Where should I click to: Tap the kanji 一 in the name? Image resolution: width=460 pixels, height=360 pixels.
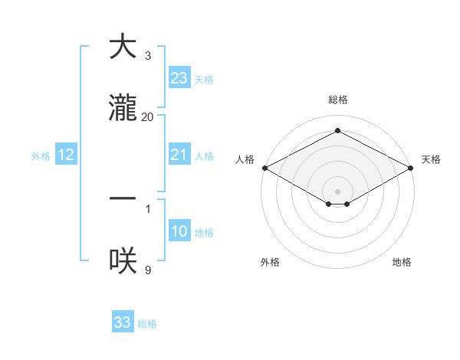pyautogui.click(x=123, y=198)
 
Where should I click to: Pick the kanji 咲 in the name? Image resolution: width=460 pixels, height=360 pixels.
pyautogui.click(x=123, y=260)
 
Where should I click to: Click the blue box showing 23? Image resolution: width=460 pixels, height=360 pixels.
pyautogui.click(x=179, y=78)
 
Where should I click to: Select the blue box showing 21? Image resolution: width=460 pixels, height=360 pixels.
pyautogui.click(x=179, y=155)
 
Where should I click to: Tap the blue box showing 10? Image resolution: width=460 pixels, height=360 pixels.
pyautogui.click(x=179, y=232)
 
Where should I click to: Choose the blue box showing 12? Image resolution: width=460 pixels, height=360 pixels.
pyautogui.click(x=66, y=155)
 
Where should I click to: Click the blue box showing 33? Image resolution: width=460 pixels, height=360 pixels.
pyautogui.click(x=122, y=322)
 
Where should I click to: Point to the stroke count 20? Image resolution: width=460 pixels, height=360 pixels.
pyautogui.click(x=148, y=116)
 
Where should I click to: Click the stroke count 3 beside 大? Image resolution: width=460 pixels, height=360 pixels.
pyautogui.click(x=148, y=55)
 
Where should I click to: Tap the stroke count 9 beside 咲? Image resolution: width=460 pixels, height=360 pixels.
pyautogui.click(x=148, y=270)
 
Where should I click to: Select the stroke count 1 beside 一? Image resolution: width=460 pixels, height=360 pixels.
pyautogui.click(x=148, y=208)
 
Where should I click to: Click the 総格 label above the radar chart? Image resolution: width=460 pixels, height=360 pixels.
pyautogui.click(x=338, y=100)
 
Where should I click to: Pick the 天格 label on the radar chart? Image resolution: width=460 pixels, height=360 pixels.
pyautogui.click(x=431, y=159)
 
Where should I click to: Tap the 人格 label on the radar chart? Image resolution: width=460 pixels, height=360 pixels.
pyautogui.click(x=245, y=159)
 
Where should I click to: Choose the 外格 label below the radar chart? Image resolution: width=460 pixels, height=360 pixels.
pyautogui.click(x=270, y=262)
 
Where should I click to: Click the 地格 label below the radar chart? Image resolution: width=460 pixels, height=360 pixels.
pyautogui.click(x=402, y=262)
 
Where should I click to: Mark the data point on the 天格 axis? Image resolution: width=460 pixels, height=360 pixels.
pyautogui.click(x=412, y=168)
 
